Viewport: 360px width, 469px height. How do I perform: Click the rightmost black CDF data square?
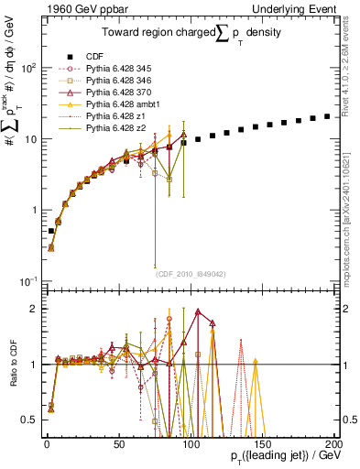click(x=327, y=116)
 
